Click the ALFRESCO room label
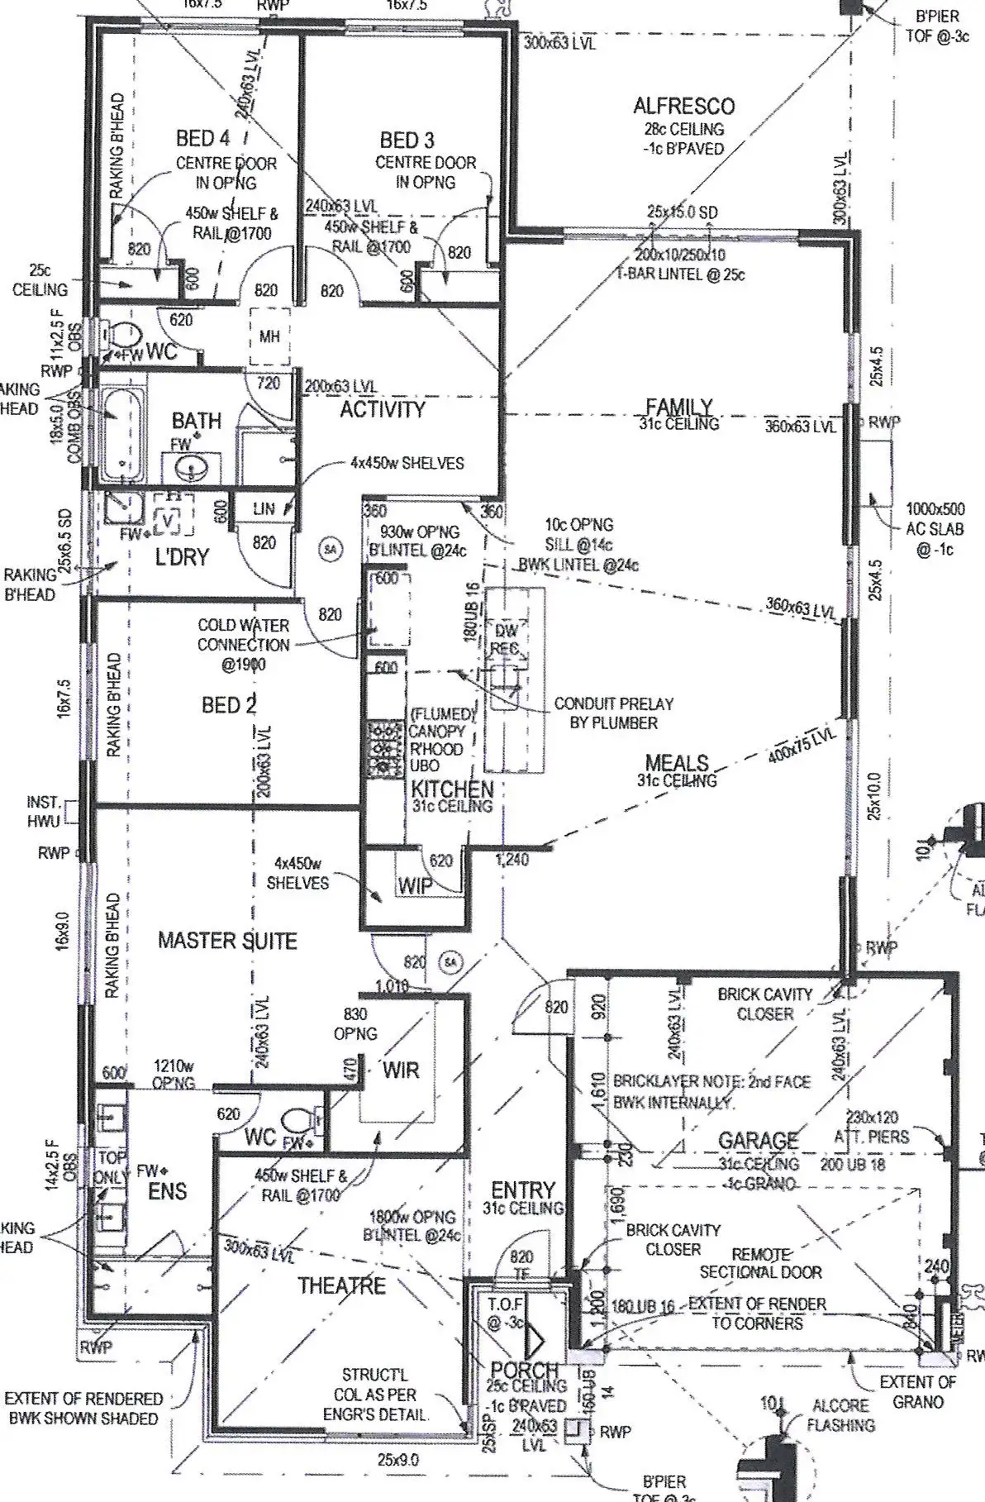tap(683, 106)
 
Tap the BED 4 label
tap(202, 138)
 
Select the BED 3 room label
tap(407, 140)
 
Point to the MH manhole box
tap(269, 337)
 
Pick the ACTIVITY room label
tap(382, 409)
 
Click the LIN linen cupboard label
tap(264, 509)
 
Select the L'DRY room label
tap(182, 556)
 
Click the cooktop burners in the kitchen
tap(383, 750)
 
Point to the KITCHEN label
tap(452, 789)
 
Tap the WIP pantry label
tap(415, 886)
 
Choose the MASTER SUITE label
tap(227, 941)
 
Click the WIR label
tap(401, 1070)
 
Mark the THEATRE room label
tap(341, 1285)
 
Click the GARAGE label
tap(758, 1141)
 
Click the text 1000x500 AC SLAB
tap(935, 518)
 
